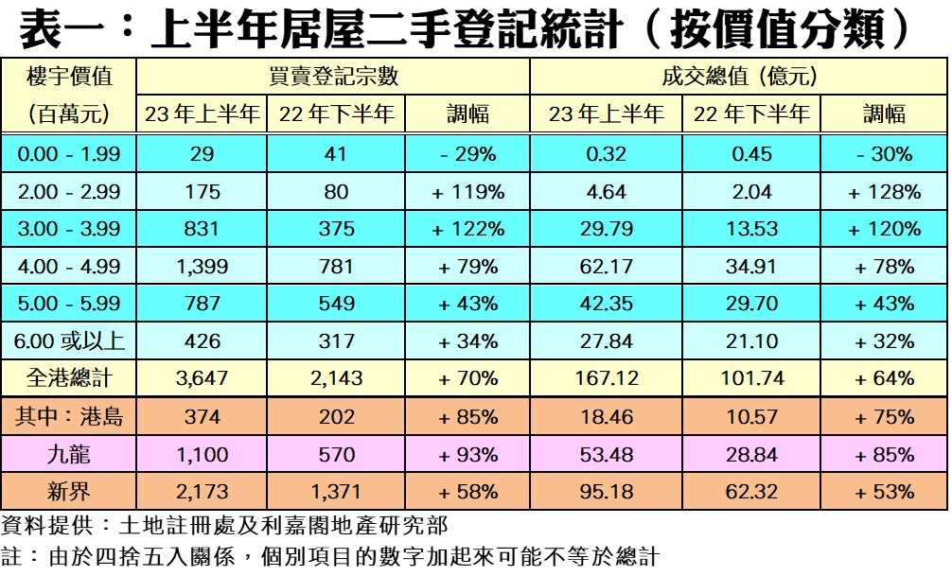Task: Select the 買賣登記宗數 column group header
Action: click(332, 77)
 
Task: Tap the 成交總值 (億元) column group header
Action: click(739, 77)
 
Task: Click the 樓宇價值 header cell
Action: click(68, 77)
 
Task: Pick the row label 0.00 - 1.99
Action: click(69, 154)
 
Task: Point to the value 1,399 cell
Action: click(203, 267)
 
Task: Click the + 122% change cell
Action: click(467, 229)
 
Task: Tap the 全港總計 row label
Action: click(69, 378)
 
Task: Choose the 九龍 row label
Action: click(69, 454)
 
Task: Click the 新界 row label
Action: click(69, 492)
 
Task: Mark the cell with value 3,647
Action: click(203, 378)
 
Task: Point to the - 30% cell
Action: click(884, 154)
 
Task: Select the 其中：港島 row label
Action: click(69, 416)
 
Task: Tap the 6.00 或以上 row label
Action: click(69, 341)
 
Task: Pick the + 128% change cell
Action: click(884, 192)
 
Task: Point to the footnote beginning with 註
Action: click(330, 556)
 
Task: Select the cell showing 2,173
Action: click(203, 492)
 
